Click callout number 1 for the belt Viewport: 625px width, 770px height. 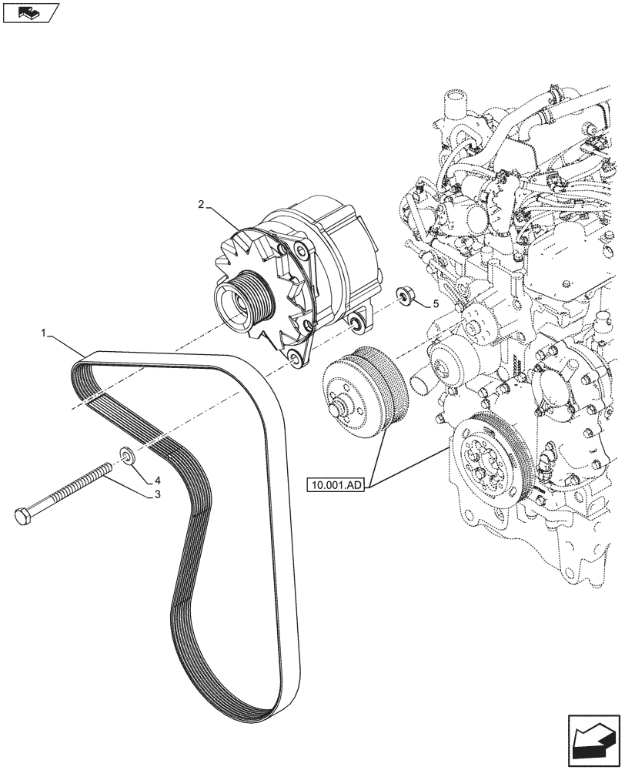45,333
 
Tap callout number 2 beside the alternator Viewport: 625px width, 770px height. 201,205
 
